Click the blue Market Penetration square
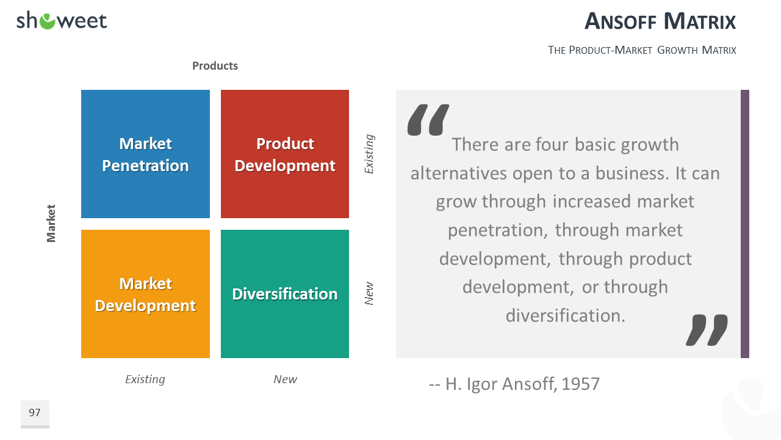(145, 154)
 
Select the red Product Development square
(285, 154)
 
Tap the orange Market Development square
(145, 294)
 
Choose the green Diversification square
(285, 294)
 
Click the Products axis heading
(215, 65)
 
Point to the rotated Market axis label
(51, 224)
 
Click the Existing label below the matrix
(145, 380)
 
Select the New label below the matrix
(285, 380)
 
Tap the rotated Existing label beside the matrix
(369, 153)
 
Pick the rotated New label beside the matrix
(369, 293)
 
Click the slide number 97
(35, 413)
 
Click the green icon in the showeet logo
(47, 21)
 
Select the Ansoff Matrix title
(660, 21)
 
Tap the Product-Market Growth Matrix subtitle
(642, 50)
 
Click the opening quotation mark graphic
(428, 119)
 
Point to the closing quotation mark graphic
(707, 330)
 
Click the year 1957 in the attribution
(580, 384)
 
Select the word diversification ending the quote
(566, 316)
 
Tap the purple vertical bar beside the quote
(745, 224)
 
